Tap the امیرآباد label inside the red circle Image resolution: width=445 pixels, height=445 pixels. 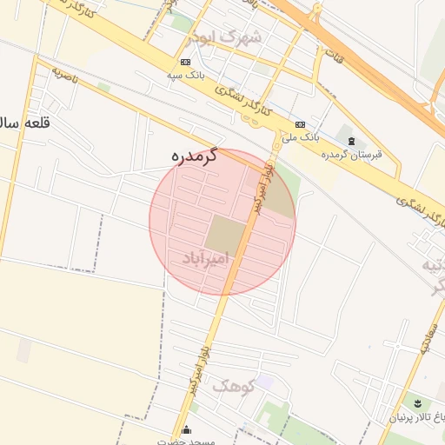click(207, 258)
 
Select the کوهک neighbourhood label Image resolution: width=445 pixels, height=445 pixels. click(233, 386)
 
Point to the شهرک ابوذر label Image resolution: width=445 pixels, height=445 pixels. click(229, 37)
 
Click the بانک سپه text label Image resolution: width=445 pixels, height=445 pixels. click(185, 75)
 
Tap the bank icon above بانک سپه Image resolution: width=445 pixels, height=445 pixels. click(185, 63)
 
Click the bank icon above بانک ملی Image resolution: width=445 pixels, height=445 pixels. click(300, 124)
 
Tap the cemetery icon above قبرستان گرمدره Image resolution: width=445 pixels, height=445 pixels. click(351, 141)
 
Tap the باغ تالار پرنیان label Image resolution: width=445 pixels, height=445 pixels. click(408, 418)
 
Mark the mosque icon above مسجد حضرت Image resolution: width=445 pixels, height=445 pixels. click(186, 429)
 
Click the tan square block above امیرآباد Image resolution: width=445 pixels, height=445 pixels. click(226, 232)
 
